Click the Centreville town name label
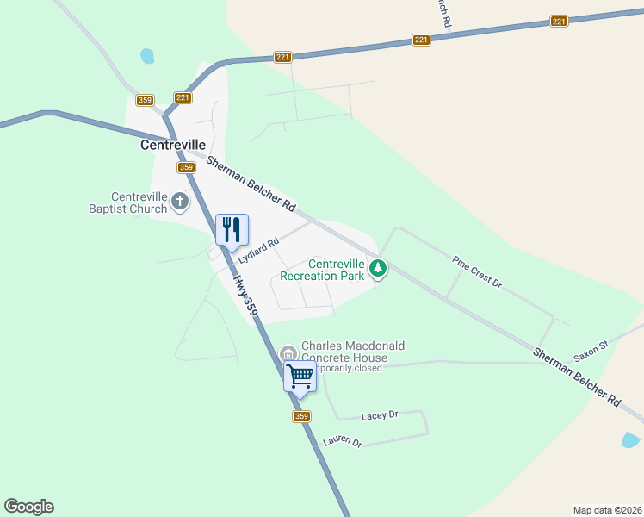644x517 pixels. [x=172, y=146]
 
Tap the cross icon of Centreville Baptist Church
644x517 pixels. [x=180, y=202]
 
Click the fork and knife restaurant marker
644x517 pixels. [x=231, y=230]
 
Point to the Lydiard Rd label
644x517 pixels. [x=259, y=250]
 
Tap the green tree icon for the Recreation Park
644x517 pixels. [x=377, y=270]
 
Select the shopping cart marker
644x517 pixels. [x=300, y=377]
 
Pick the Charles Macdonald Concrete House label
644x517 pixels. [x=352, y=352]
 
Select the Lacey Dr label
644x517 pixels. [x=380, y=415]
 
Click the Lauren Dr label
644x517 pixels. [x=343, y=442]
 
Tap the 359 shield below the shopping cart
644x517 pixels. [x=300, y=417]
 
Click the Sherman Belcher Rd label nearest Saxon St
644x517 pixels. [x=576, y=377]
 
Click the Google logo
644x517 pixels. [x=28, y=507]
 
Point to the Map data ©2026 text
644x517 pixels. [x=608, y=510]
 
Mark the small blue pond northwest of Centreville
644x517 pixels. [x=147, y=56]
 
